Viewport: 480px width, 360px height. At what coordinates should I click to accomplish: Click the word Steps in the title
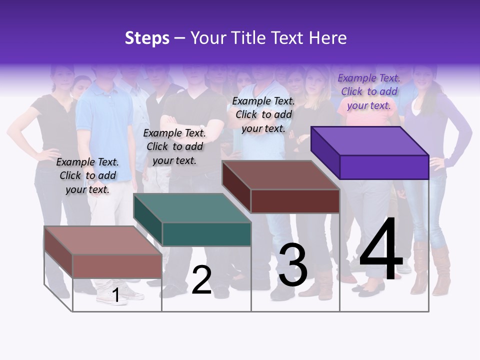point(147,38)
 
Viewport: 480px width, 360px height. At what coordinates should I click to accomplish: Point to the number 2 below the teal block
point(201,280)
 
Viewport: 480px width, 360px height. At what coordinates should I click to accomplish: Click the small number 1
point(115,295)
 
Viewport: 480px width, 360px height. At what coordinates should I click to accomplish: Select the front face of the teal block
point(206,234)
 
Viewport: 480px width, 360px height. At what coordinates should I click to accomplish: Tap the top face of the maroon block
point(280,175)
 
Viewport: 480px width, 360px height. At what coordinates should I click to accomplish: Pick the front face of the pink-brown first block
point(117,266)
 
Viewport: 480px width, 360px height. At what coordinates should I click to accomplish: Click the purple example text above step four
point(368,92)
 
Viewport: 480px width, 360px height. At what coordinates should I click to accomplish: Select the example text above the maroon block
point(263,114)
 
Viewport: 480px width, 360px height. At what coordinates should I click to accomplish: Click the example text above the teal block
point(174,146)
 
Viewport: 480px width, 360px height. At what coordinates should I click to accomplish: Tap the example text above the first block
point(87,175)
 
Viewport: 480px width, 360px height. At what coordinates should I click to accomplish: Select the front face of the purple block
point(383,167)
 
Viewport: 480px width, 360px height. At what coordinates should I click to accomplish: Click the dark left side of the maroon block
point(236,186)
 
